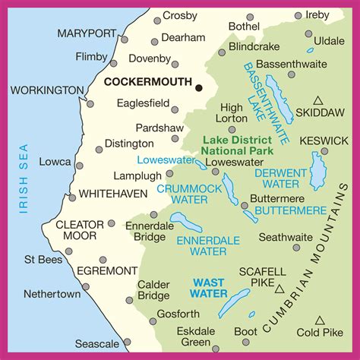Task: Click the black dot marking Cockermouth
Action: [199, 88]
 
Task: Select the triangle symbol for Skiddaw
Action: [319, 100]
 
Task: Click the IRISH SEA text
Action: [23, 178]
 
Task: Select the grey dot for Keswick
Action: [324, 151]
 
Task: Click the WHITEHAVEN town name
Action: [113, 194]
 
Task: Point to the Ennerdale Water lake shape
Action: [186, 221]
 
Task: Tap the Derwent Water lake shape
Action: [317, 171]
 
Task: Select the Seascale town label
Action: [98, 344]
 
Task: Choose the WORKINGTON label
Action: [47, 90]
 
